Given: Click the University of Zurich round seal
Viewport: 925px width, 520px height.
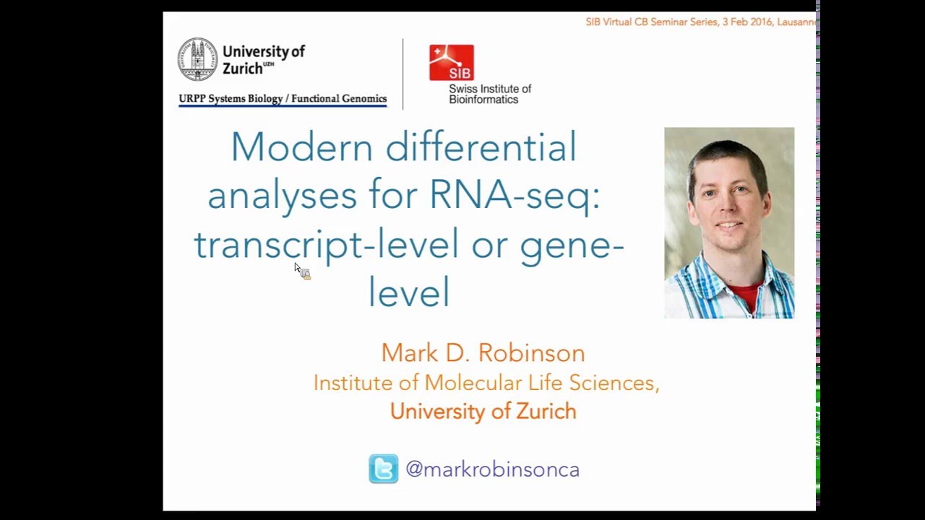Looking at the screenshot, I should tap(198, 59).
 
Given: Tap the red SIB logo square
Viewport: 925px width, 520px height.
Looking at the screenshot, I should tap(452, 62).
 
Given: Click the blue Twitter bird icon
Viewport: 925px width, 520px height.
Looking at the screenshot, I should tap(383, 469).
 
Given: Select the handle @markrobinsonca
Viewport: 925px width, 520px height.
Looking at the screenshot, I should tap(492, 469).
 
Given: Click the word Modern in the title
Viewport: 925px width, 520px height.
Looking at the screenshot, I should tap(301, 147).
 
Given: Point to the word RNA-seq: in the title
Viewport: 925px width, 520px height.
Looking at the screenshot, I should tap(515, 195).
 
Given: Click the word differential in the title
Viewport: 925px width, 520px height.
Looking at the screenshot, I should tap(481, 147).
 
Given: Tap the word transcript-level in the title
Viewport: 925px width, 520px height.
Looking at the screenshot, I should tap(326, 244).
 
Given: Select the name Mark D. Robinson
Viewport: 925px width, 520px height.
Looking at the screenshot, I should tap(483, 352).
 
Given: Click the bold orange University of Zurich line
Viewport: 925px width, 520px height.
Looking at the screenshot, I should tap(483, 411).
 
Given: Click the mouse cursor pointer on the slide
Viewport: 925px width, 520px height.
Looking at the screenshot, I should tap(297, 267).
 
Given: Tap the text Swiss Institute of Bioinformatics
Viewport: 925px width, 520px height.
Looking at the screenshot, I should tap(489, 94).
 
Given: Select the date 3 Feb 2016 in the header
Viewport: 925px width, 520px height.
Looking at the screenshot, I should tap(747, 22).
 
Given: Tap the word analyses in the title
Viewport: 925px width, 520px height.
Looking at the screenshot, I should tap(282, 195).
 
